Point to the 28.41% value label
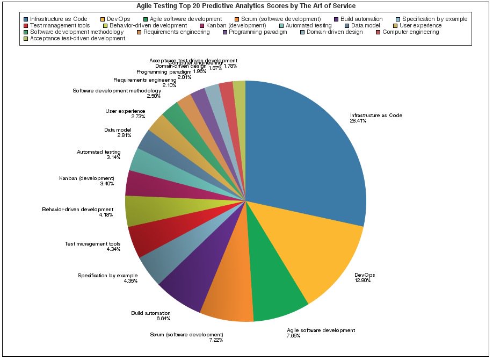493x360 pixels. pyautogui.click(x=358, y=121)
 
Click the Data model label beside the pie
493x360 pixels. pyautogui.click(x=118, y=129)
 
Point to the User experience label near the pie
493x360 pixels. pyautogui.click(x=125, y=111)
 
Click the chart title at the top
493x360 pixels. pyautogui.click(x=245, y=6)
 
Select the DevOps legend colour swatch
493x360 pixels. pyautogui.click(x=102, y=19)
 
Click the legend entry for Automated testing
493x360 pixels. pyautogui.click(x=309, y=25)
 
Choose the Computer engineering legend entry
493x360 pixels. pyautogui.click(x=411, y=32)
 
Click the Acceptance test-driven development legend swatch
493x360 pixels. pyautogui.click(x=25, y=39)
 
